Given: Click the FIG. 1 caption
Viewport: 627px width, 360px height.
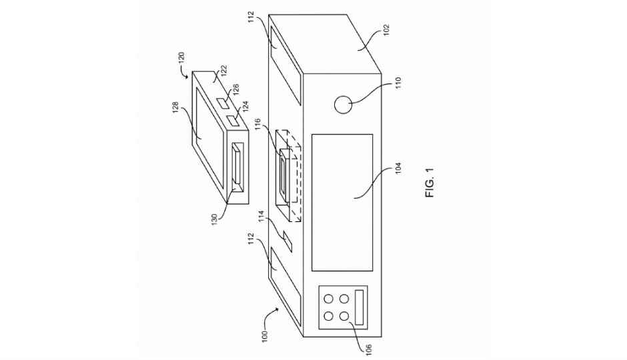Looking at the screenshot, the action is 430,183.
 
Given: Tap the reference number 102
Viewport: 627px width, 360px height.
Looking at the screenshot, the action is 386,30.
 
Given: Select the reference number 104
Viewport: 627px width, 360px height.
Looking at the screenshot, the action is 397,168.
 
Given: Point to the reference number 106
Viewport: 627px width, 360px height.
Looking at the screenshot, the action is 368,350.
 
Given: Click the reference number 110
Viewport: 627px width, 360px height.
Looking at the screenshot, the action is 398,83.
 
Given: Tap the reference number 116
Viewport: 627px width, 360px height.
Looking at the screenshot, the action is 257,124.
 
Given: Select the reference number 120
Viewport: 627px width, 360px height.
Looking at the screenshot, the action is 181,58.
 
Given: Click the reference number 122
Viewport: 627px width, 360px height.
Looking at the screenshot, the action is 223,71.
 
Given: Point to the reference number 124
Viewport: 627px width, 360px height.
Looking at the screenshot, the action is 245,106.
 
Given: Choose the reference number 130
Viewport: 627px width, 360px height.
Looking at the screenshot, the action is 214,219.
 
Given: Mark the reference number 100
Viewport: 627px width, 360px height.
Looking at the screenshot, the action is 264,335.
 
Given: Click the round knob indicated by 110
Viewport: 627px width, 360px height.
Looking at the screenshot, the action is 343,105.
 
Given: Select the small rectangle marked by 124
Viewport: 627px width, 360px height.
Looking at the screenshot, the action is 232,121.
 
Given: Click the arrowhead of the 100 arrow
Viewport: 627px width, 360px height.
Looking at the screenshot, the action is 281,309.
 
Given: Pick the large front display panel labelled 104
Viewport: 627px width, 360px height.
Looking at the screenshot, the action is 342,203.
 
